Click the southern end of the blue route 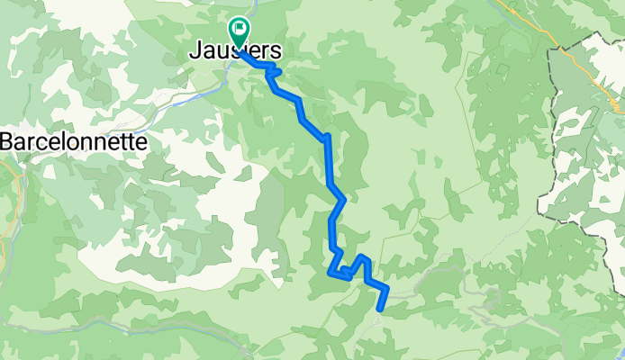pyautogui.click(x=379, y=310)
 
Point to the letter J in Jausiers pyautogui.click(x=195, y=52)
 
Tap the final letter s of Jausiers pyautogui.click(x=274, y=52)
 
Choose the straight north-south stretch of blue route pyautogui.click(x=329, y=162)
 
